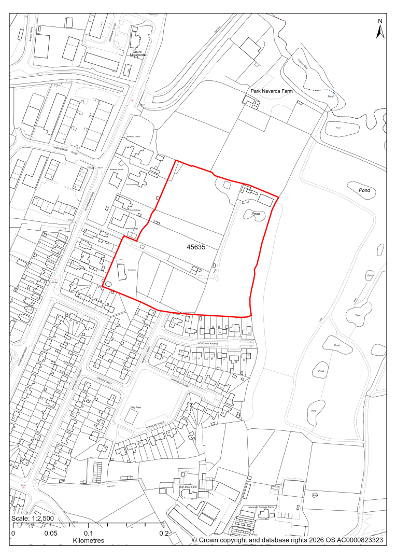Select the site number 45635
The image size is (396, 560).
tap(196, 247)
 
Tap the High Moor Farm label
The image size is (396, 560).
tap(188, 487)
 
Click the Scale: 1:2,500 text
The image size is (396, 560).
tap(32, 519)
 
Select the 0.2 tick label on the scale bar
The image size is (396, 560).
tap(164, 533)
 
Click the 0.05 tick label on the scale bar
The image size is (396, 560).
tap(51, 533)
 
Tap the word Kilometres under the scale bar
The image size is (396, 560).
tap(89, 540)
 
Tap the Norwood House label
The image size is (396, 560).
tap(117, 170)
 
